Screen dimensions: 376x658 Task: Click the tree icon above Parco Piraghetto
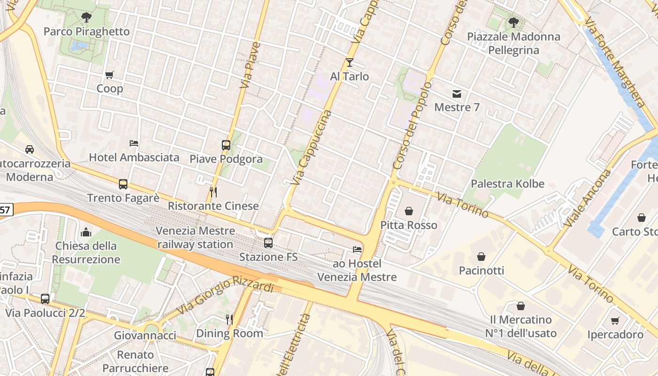tap(86, 18)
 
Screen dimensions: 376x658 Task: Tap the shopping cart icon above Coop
tap(110, 75)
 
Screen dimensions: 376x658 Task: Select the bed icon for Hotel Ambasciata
tap(134, 143)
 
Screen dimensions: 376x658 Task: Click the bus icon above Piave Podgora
tap(226, 145)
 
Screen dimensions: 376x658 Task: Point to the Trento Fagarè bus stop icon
tap(123, 184)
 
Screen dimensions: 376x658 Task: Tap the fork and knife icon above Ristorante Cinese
tap(213, 192)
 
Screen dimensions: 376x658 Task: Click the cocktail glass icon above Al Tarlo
tap(349, 62)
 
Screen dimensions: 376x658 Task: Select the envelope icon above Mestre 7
tap(457, 94)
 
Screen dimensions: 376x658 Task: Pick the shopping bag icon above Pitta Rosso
tap(409, 211)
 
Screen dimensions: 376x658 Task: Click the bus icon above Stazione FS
tap(268, 243)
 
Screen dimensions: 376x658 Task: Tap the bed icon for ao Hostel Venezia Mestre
tap(357, 250)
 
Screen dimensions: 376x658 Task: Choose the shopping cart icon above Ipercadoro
tap(615, 321)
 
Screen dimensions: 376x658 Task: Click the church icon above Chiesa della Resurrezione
tap(86, 232)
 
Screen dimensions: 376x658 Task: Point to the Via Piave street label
tap(250, 66)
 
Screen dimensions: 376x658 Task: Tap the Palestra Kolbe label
tap(508, 184)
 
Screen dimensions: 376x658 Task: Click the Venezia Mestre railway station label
tap(195, 238)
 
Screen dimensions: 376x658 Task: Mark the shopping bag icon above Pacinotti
tap(481, 257)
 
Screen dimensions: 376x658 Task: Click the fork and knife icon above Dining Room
tap(229, 320)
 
